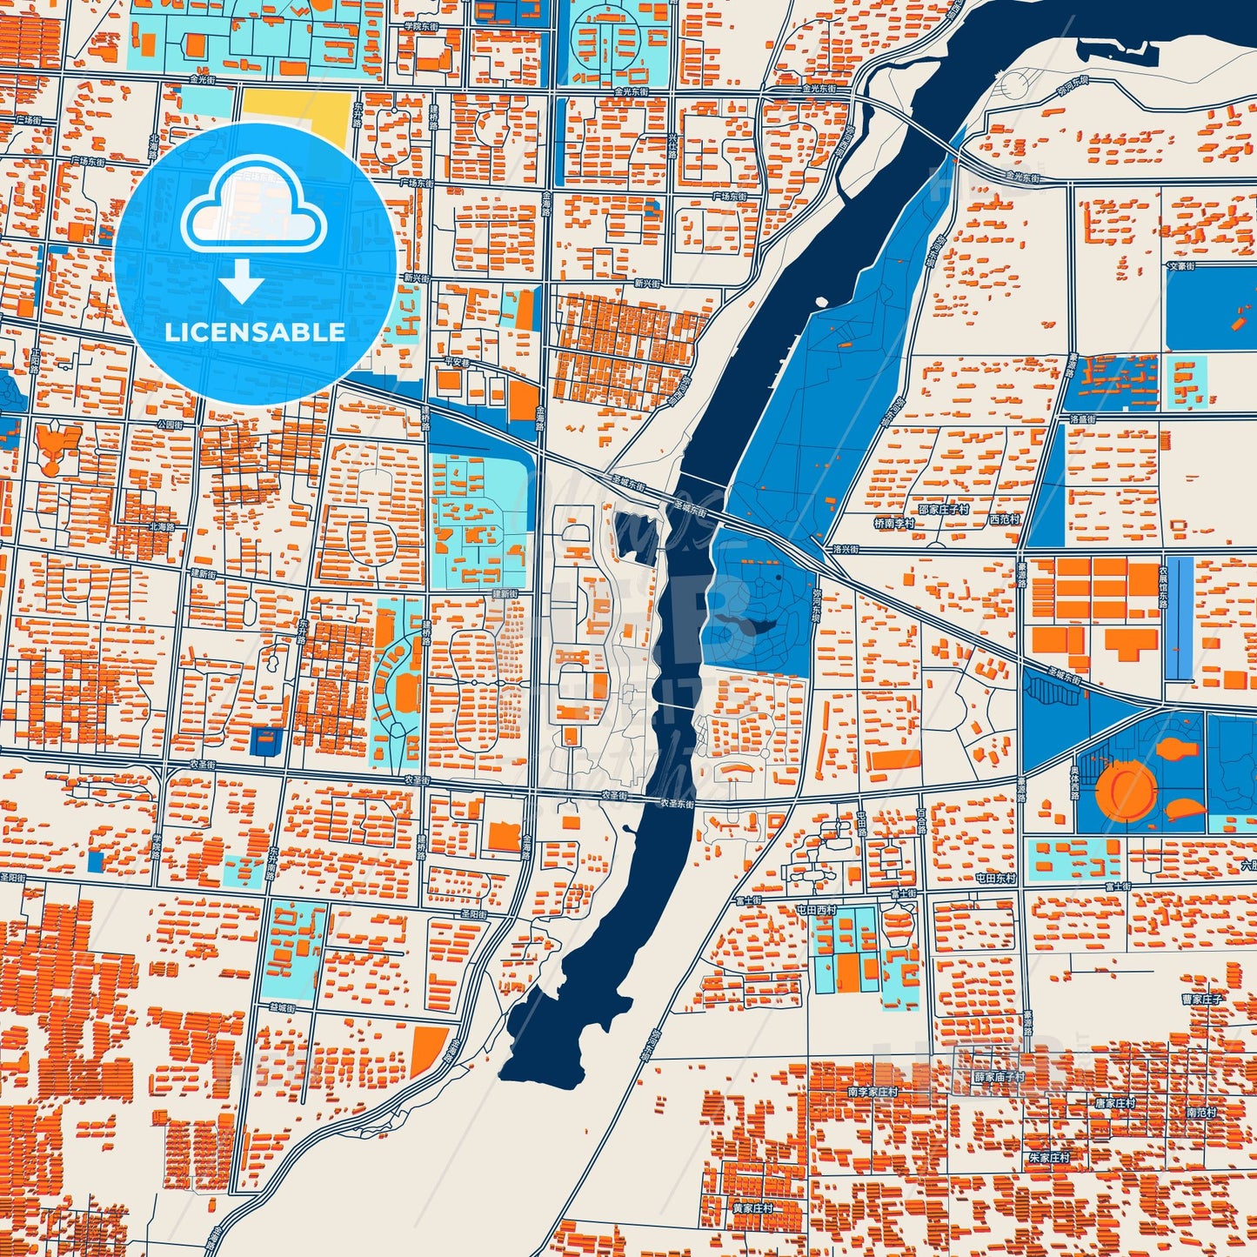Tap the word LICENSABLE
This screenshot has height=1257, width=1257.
click(255, 331)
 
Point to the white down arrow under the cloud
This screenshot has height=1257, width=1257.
click(242, 280)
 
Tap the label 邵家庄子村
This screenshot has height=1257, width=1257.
click(944, 509)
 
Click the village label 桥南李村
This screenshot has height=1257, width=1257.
click(894, 524)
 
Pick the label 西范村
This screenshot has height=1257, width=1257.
click(1003, 519)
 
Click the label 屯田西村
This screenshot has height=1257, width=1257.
click(816, 909)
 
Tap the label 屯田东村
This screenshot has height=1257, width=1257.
click(995, 879)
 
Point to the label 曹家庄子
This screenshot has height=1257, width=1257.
click(1201, 1000)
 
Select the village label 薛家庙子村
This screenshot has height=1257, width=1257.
click(999, 1077)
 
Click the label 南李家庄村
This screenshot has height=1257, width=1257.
click(873, 1091)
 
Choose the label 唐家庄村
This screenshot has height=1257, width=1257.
click(1114, 1103)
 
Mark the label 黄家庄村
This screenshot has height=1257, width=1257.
click(752, 1208)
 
